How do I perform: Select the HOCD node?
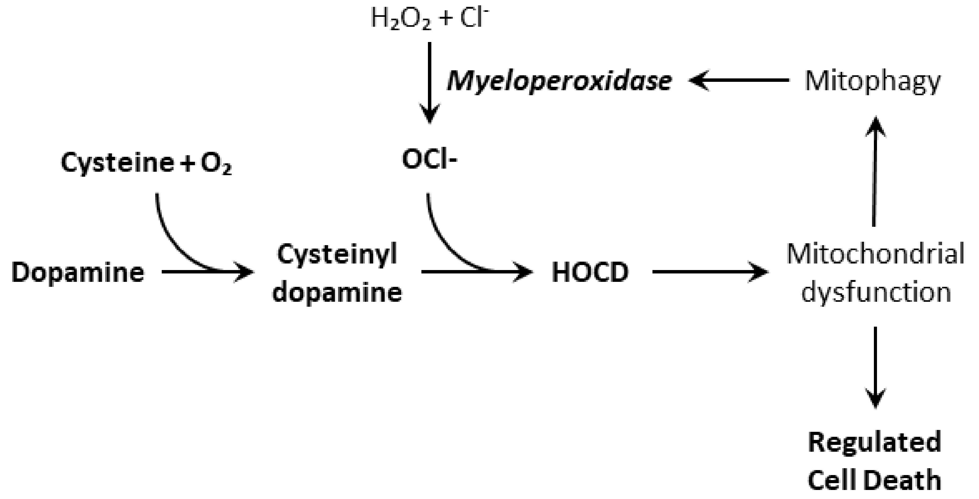pos(590,272)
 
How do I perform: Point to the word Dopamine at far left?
pos(78,272)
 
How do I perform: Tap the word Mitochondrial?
pos(875,254)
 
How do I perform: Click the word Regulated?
pos(875,442)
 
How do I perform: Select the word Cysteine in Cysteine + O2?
pos(117,163)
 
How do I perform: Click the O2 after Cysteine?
pos(216,165)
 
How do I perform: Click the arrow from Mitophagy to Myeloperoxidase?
pos(739,80)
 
